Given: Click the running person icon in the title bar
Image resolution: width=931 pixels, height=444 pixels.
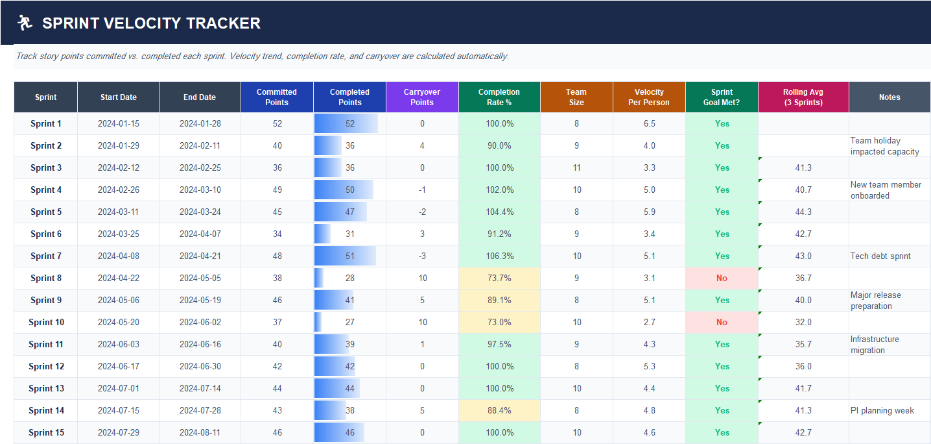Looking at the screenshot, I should [25, 23].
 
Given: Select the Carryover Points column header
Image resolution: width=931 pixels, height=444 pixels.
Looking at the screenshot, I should [422, 97].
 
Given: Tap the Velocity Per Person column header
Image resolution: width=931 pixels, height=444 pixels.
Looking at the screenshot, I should [649, 97].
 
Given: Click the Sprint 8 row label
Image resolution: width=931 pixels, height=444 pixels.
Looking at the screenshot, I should [46, 278].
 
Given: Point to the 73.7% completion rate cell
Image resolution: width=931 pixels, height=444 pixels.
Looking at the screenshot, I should [499, 278].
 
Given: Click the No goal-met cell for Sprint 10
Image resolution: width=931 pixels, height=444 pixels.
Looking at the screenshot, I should [722, 322].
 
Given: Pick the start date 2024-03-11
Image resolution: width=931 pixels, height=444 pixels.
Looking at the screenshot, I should [119, 212].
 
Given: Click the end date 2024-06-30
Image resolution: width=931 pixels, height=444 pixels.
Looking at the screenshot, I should [200, 366].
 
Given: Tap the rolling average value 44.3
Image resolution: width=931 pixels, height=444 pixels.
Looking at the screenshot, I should [803, 212].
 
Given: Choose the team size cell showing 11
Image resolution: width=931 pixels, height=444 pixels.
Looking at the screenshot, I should [576, 167].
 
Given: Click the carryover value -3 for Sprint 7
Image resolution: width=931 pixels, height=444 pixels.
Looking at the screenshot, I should [422, 256].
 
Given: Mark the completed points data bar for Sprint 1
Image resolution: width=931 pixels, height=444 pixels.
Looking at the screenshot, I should [346, 123].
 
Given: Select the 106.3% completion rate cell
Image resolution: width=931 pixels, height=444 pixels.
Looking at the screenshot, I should [499, 256].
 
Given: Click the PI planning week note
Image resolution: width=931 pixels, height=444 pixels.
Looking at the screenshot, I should [882, 410].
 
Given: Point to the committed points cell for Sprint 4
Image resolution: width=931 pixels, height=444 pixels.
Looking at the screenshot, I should [277, 190].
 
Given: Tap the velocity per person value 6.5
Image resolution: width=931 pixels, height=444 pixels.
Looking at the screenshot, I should [649, 123].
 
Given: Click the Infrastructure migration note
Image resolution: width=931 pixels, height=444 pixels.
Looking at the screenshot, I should [875, 345].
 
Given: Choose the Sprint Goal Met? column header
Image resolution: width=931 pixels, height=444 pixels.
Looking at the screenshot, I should [722, 97].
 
